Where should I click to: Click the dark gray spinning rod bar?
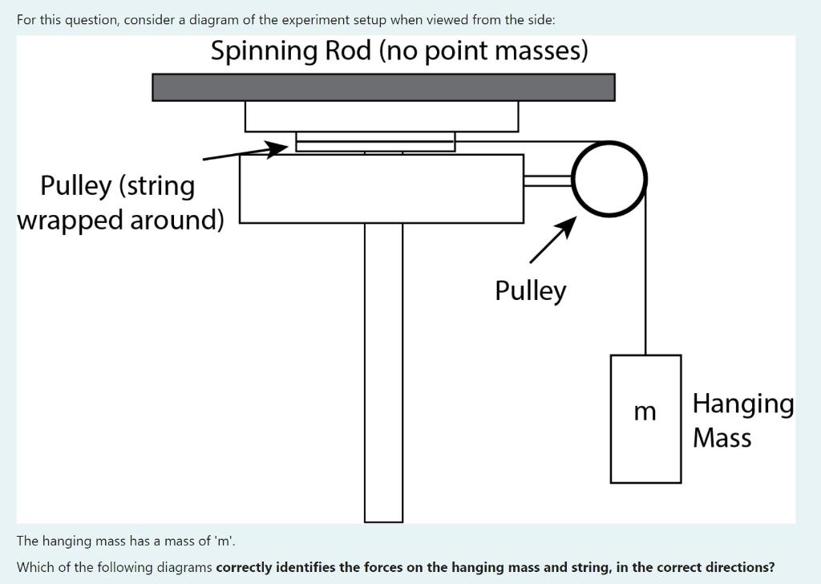click(x=383, y=87)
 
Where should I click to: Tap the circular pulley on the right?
click(x=609, y=179)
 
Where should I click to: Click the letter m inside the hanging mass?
click(x=645, y=412)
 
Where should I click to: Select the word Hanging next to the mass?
click(x=742, y=403)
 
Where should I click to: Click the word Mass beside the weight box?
click(x=722, y=438)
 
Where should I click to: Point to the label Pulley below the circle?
click(x=530, y=290)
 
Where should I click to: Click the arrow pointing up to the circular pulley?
click(x=552, y=240)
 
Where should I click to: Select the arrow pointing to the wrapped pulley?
click(x=245, y=152)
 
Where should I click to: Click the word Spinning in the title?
click(x=265, y=51)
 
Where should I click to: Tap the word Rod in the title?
click(x=349, y=51)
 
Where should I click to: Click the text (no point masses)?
click(x=483, y=51)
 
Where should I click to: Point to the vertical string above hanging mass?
click(x=645, y=281)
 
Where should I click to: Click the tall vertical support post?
click(x=383, y=369)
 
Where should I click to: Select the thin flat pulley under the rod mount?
click(x=375, y=142)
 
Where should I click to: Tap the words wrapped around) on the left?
click(x=120, y=220)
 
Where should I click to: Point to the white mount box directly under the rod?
click(x=382, y=116)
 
